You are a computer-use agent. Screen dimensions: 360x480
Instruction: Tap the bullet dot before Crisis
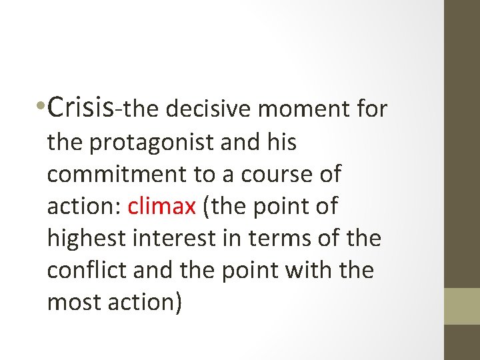(42, 107)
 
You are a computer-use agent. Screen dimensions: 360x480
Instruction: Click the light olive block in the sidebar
(462, 306)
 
